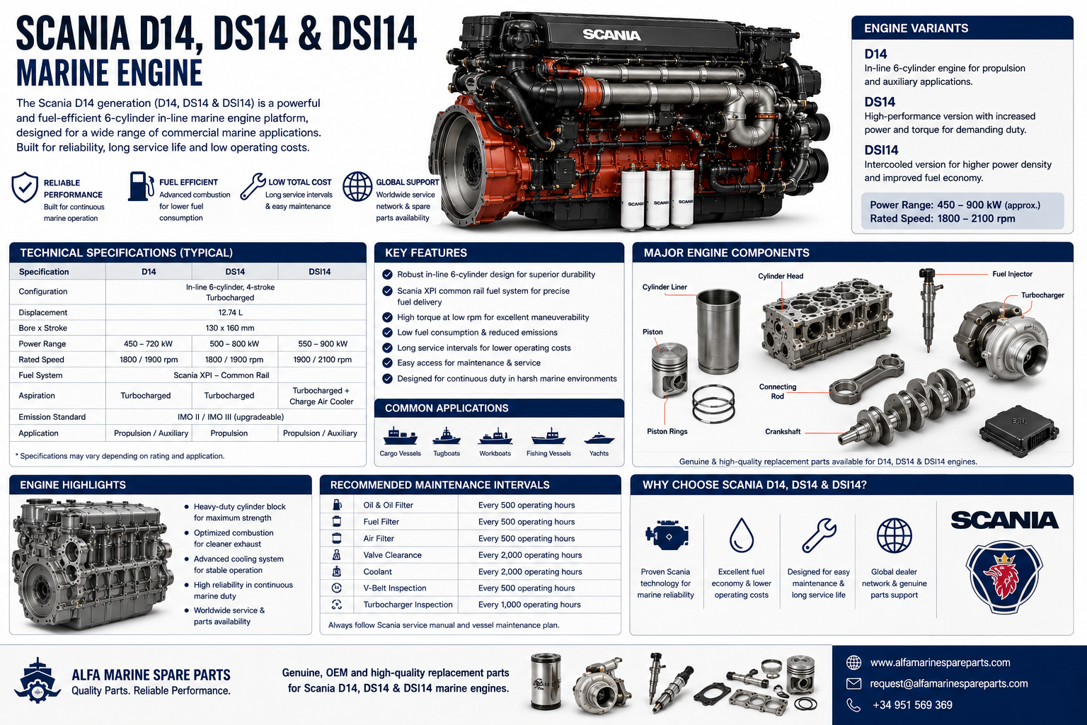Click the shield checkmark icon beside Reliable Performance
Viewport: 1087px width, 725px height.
(x=25, y=187)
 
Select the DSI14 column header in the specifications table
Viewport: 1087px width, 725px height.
(x=319, y=271)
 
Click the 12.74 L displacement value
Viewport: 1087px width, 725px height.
(x=231, y=312)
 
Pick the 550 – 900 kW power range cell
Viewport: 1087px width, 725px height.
(x=323, y=344)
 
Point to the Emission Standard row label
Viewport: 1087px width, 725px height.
(x=52, y=416)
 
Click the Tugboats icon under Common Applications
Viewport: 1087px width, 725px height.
(x=447, y=436)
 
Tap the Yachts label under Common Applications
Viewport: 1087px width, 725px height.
(x=599, y=453)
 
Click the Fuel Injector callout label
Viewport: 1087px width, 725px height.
(x=1012, y=274)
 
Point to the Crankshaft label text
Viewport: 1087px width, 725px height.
(x=783, y=431)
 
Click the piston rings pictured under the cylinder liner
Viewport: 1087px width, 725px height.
(x=713, y=404)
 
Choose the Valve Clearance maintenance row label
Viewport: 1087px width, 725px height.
(x=392, y=555)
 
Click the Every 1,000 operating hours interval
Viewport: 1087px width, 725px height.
(x=529, y=605)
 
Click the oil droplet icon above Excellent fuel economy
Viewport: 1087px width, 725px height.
(x=742, y=535)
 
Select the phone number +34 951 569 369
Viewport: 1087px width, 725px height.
(x=912, y=704)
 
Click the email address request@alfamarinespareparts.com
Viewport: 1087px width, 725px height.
(x=949, y=683)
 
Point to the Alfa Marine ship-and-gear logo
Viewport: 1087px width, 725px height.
(x=38, y=680)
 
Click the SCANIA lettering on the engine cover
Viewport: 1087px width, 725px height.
(x=611, y=35)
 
